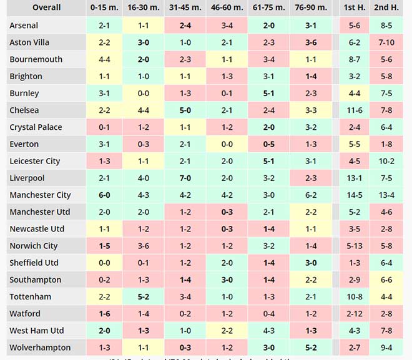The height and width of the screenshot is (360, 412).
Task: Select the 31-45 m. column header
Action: point(185,7)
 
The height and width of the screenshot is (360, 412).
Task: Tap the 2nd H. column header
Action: point(386,7)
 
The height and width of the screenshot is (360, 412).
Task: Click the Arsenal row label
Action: point(24,26)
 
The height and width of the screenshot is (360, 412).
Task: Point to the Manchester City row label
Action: point(41,195)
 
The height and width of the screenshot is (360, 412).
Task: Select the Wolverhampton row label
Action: point(40,348)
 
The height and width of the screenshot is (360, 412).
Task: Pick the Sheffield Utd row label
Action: point(34,263)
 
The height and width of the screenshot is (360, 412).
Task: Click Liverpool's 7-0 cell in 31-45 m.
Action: point(185,178)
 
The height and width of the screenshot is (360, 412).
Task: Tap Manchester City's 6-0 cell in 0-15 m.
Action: point(104,195)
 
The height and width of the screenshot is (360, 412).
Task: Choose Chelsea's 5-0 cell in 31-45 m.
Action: point(185,110)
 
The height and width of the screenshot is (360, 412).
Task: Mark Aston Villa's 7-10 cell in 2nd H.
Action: point(386,42)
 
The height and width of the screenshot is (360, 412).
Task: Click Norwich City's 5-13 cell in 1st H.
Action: point(354,246)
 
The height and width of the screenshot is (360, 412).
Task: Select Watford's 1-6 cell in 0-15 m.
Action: point(104,314)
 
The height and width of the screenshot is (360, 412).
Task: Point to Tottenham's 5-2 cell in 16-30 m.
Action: point(143,297)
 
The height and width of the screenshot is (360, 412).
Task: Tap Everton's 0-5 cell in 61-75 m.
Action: point(268,144)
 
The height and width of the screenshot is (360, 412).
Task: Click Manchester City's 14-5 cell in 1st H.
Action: point(354,195)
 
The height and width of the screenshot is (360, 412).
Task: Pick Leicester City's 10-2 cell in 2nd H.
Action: point(386,161)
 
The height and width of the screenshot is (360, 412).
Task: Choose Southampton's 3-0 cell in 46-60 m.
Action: point(227,280)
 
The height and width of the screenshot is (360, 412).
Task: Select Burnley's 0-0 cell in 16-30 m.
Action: point(143,94)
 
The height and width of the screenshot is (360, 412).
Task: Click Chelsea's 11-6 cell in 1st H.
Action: point(354,110)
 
